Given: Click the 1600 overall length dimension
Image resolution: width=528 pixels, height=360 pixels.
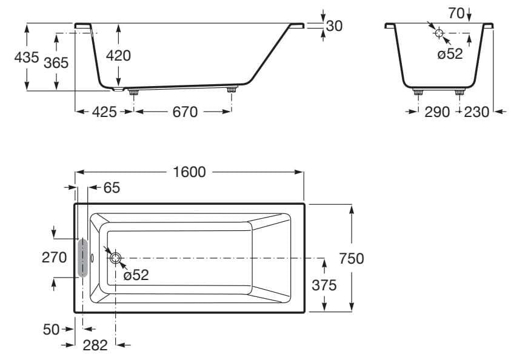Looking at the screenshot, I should (x=189, y=172).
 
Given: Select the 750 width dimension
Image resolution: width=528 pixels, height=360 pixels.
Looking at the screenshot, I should (x=352, y=258).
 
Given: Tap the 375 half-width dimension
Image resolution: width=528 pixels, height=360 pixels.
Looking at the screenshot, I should (x=324, y=285).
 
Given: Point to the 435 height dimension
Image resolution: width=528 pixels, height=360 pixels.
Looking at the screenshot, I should (x=26, y=58).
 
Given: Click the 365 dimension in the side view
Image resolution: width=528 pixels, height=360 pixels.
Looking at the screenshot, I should (x=56, y=62).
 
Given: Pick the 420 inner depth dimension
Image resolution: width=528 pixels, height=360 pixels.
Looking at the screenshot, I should (x=118, y=55).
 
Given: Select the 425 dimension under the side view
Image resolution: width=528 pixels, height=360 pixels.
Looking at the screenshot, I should (x=104, y=112).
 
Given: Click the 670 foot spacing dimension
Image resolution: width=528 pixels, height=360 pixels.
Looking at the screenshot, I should (x=185, y=112).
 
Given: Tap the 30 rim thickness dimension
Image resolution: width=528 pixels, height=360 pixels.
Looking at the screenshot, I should (x=334, y=25).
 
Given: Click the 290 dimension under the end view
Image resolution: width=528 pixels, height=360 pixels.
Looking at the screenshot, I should (x=437, y=112).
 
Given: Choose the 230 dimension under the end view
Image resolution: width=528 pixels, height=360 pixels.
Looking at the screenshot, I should (x=476, y=112).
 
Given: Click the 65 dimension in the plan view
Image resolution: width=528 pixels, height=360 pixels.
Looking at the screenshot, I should (x=112, y=188).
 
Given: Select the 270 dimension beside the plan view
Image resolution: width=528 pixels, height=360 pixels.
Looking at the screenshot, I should (x=54, y=257).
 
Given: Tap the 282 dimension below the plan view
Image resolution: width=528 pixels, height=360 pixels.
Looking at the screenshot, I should (x=95, y=345).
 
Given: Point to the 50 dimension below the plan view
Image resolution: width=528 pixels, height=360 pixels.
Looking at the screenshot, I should (x=52, y=329).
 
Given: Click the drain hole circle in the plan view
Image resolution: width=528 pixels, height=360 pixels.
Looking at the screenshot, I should (x=115, y=258).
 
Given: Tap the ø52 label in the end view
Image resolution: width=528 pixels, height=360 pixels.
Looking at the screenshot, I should (x=450, y=54).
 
